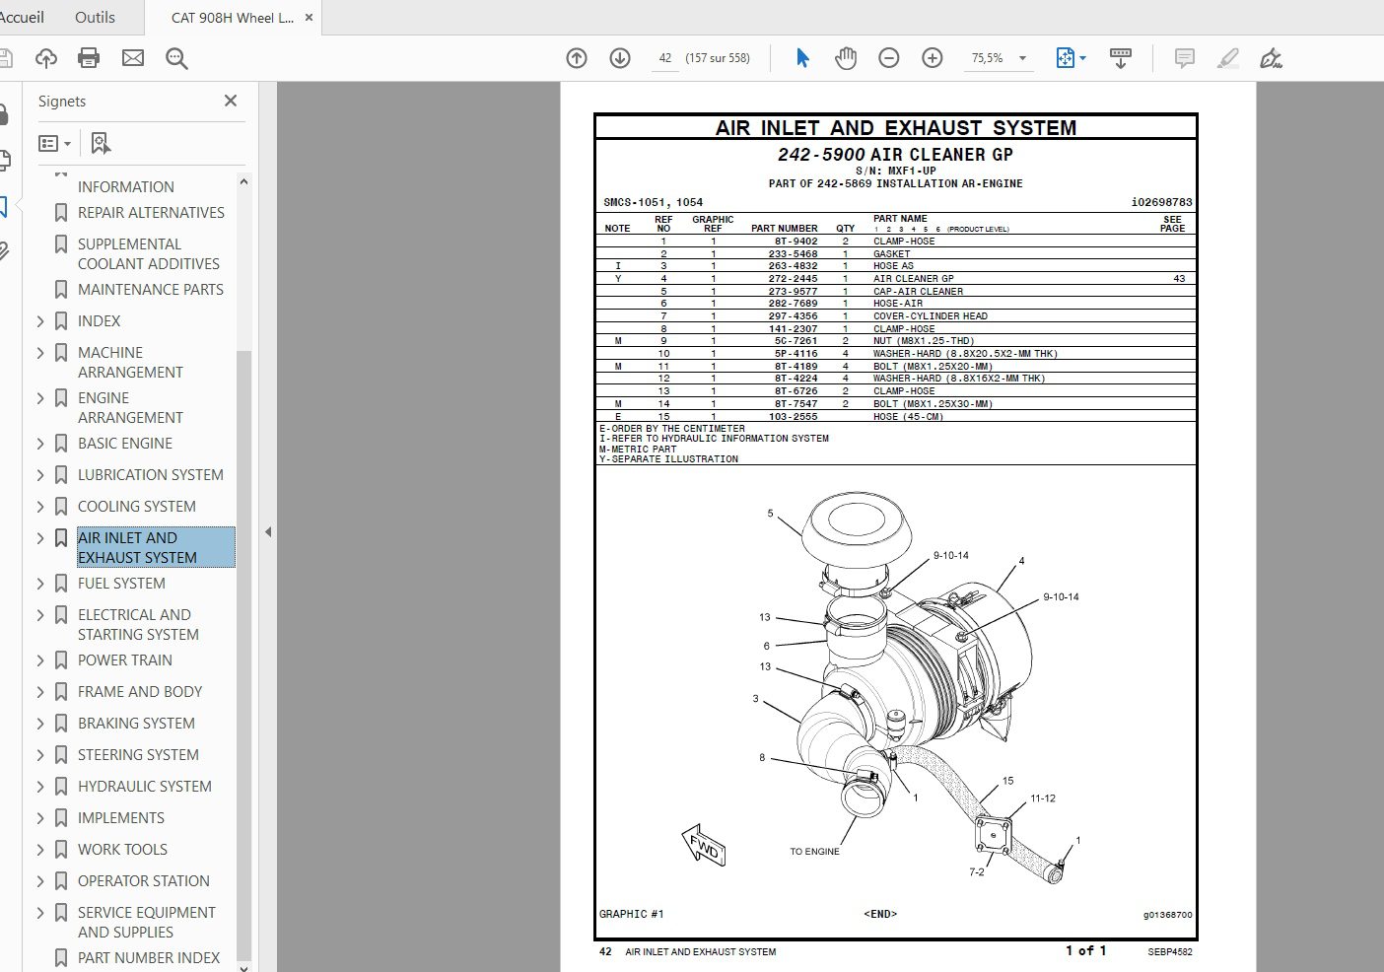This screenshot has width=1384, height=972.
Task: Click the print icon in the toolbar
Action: point(89,58)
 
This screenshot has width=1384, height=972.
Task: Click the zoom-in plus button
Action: point(932,58)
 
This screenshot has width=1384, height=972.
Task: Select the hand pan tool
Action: point(845,58)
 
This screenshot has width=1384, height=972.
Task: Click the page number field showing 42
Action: point(665,58)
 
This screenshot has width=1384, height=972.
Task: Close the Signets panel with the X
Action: point(231,101)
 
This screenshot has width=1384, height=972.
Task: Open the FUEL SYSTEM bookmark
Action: point(121,584)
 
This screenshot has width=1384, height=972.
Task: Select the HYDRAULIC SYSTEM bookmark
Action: point(144,787)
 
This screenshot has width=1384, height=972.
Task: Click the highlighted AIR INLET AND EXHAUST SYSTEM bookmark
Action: point(137,548)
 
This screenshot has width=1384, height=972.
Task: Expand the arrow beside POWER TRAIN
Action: point(40,660)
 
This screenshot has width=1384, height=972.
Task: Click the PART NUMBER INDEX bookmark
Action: point(149,958)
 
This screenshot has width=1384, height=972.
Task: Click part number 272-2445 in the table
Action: point(793,279)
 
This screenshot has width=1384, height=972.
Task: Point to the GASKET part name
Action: point(891,254)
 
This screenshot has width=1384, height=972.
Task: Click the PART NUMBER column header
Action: point(784,228)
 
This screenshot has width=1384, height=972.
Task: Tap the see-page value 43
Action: point(1179,279)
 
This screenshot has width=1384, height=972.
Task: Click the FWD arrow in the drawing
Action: point(704,846)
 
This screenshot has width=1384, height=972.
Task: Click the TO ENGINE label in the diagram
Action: point(814,852)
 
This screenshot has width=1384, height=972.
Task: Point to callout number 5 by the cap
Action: point(770,514)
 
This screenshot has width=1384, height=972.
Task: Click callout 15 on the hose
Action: point(1007,781)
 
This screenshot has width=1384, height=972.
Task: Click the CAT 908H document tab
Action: point(232,18)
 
